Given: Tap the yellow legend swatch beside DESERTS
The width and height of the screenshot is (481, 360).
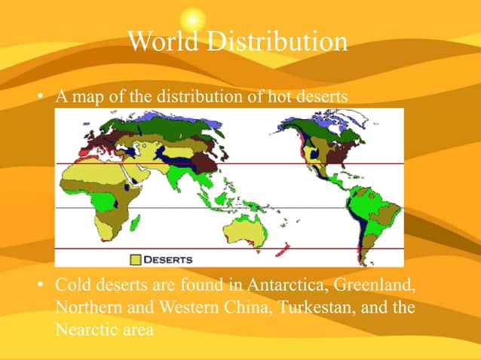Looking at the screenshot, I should pos(136,259).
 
